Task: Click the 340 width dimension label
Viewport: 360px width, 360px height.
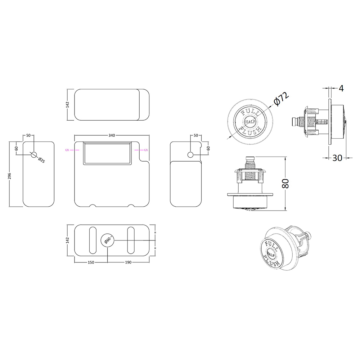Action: tap(112, 135)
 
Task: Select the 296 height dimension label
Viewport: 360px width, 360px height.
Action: tap(9, 176)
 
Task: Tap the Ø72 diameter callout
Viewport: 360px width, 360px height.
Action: tap(281, 99)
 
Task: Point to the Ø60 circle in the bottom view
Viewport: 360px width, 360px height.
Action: tap(107, 240)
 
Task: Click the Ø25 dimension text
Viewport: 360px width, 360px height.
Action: tap(41, 160)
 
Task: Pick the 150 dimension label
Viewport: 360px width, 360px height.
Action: tap(91, 262)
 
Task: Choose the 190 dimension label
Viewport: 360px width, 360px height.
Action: tap(128, 262)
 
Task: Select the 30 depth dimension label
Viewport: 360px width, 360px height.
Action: tap(337, 158)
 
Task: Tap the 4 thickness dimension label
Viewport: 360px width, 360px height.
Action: tap(341, 89)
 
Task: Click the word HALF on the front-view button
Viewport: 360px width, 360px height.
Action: tap(250, 122)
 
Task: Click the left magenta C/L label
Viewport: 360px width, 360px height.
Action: tap(67, 150)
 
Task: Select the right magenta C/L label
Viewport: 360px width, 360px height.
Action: tap(146, 150)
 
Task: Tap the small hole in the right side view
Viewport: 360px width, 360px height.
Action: tap(190, 155)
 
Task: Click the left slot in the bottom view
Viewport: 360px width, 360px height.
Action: tap(93, 240)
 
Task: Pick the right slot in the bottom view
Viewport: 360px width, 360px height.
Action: tap(131, 240)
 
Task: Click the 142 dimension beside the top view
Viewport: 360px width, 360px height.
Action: tap(67, 105)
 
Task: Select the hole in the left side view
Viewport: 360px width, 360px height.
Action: tap(34, 155)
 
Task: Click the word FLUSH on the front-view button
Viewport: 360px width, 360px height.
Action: tap(250, 131)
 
